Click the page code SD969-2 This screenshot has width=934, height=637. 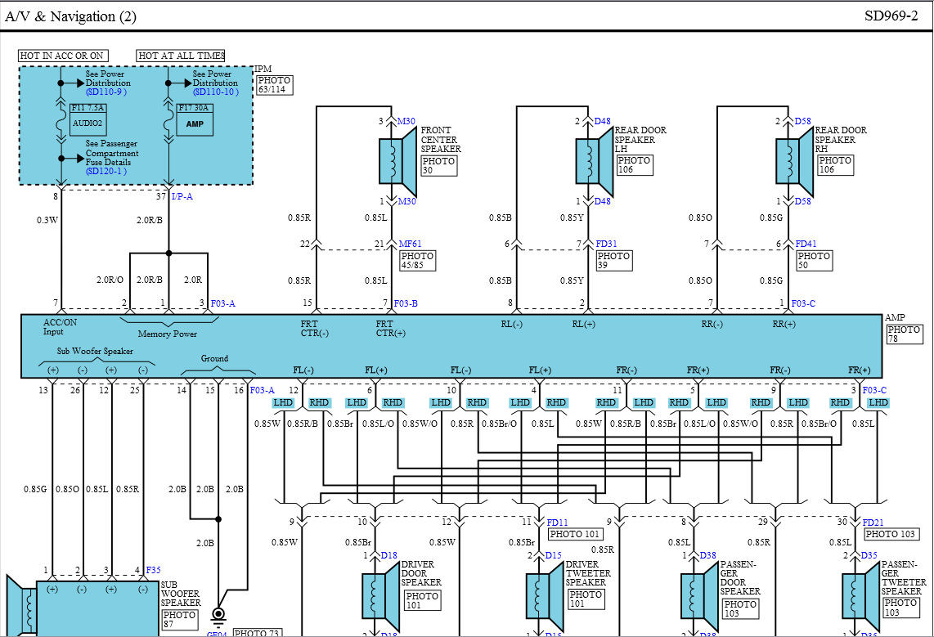point(891,16)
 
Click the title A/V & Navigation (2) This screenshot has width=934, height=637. point(71,16)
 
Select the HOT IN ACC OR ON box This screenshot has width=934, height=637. point(62,56)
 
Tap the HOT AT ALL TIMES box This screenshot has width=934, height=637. point(181,56)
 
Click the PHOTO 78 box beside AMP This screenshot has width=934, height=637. point(903,334)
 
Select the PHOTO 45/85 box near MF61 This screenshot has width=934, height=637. point(416,261)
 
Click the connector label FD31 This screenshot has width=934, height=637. point(607,243)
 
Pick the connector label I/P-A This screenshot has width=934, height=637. point(182,196)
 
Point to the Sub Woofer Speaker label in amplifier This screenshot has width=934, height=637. point(94,352)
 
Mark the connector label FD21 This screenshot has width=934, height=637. point(874,523)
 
